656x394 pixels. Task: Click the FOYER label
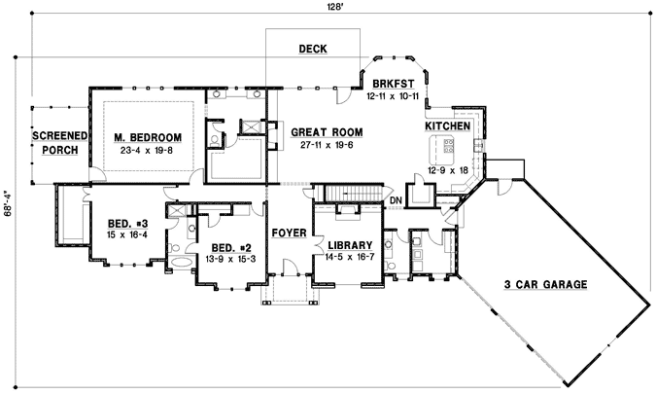(289, 233)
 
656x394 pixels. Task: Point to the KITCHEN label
(448, 127)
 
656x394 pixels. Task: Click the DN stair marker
(396, 201)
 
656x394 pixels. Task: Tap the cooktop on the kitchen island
(449, 147)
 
